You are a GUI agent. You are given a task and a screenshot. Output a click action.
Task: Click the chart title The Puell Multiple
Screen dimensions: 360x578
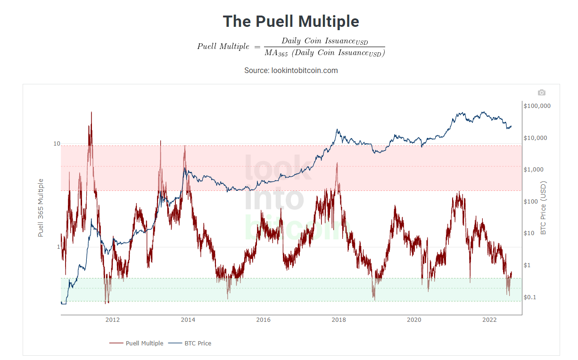point(291,21)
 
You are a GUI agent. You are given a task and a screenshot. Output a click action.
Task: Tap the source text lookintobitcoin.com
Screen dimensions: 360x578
point(291,70)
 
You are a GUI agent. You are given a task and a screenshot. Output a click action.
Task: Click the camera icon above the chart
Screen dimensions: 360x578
point(541,92)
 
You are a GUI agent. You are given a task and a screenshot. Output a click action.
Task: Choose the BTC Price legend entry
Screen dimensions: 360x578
point(198,343)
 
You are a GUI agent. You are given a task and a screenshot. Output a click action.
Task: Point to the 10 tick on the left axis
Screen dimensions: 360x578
point(57,144)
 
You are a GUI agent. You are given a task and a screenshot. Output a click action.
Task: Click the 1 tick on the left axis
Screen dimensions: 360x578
point(58,247)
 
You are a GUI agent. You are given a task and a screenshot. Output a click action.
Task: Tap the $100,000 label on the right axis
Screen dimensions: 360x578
point(537,106)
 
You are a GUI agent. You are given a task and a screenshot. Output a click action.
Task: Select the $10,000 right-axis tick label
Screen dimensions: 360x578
point(537,138)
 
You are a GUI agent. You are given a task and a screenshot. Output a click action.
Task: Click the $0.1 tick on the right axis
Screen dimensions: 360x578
point(530,297)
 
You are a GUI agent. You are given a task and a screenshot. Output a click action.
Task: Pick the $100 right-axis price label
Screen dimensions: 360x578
point(532,202)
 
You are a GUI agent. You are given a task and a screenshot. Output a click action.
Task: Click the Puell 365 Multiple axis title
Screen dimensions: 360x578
point(41,207)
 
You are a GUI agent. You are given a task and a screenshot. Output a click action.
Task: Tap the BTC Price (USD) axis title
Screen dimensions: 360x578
point(543,207)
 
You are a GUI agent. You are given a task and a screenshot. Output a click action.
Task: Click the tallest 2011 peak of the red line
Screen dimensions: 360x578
point(91,112)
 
